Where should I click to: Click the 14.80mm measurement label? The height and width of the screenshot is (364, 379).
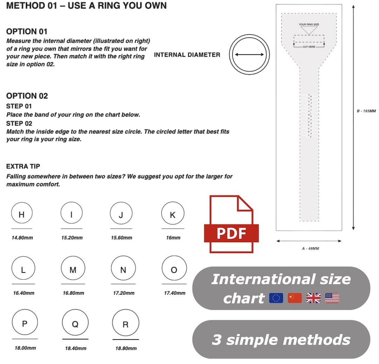point(22,238)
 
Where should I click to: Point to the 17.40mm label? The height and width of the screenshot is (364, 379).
point(175,293)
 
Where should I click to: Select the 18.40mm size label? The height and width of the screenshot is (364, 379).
point(75,348)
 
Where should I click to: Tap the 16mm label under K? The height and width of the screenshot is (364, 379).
point(173,238)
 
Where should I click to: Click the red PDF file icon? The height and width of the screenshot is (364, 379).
point(231,225)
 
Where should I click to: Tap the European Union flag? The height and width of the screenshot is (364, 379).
point(276,298)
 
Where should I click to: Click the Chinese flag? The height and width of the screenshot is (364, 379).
point(295,298)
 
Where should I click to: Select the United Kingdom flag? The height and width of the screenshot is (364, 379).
point(313,298)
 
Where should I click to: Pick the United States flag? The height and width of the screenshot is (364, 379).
point(332,298)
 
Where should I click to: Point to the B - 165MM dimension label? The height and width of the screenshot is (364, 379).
point(366,111)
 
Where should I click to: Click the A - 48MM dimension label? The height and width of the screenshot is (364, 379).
point(310,248)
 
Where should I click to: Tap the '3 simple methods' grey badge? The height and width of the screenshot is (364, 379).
point(281,339)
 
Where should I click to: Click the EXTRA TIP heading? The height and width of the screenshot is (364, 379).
point(23,166)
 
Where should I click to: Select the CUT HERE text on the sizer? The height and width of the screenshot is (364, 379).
point(309,47)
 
